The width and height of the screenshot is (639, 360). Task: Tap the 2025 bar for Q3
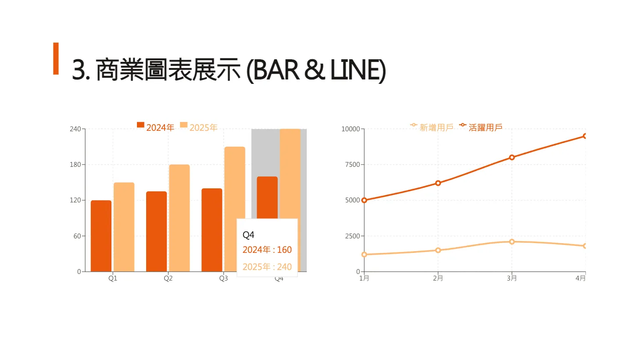pos(234,184)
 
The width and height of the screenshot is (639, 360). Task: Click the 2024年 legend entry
pos(156,127)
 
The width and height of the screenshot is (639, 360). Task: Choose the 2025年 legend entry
pos(199,127)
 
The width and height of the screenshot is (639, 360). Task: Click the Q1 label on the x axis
pos(113,278)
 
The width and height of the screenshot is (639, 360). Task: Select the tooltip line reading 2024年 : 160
pos(267,250)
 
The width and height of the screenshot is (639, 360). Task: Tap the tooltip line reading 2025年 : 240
pos(267,266)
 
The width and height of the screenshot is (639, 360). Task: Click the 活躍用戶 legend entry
pos(481,127)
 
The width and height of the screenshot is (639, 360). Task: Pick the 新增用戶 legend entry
pos(432,127)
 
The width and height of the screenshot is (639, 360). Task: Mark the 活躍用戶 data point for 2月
pos(438,183)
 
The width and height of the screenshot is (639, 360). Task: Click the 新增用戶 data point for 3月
pos(512,241)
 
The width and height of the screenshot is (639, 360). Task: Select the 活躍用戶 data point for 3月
pos(512,157)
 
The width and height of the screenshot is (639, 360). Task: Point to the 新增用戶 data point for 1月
pos(364,254)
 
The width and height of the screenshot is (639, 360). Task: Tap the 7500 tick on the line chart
pos(351,165)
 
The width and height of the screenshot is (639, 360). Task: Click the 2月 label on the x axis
pos(438,278)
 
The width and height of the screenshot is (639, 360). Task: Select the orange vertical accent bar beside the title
pos(56,58)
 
